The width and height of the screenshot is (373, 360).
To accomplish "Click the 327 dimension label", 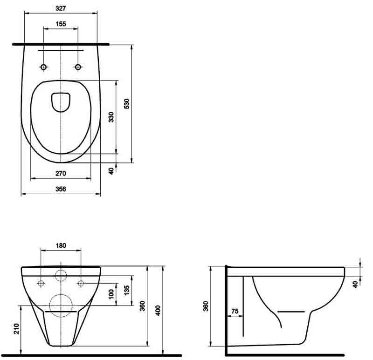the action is tap(61, 8).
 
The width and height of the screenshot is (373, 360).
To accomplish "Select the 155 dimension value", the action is tap(61, 24).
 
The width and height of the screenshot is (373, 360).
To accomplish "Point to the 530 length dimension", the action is tap(126, 103).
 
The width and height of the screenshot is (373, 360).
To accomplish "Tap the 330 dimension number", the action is tap(111, 117).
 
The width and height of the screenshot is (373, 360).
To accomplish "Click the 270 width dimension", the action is tap(61, 173).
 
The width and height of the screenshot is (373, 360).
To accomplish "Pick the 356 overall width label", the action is tap(61, 189).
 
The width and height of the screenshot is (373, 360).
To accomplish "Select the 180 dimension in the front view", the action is tap(61, 245).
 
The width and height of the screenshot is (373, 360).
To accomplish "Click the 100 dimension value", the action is tap(111, 294).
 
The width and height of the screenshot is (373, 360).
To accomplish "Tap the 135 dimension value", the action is tap(126, 290).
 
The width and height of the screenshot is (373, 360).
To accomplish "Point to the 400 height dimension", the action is tap(158, 310).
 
